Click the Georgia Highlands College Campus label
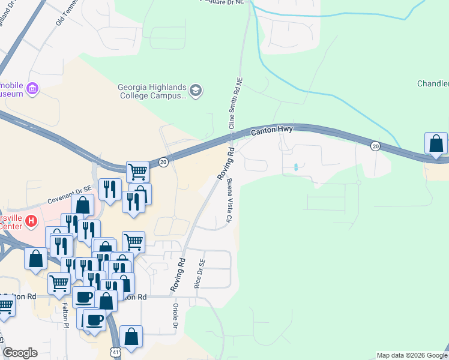click(152, 91)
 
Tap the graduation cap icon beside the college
click(196, 91)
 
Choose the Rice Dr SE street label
click(200, 274)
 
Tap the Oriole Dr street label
click(176, 317)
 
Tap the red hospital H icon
click(31, 222)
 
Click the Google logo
click(20, 353)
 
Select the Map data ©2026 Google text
click(411, 355)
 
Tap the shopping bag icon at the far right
click(436, 144)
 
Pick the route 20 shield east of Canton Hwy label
click(375, 146)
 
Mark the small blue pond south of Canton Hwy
click(295, 167)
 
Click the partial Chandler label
click(433, 83)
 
